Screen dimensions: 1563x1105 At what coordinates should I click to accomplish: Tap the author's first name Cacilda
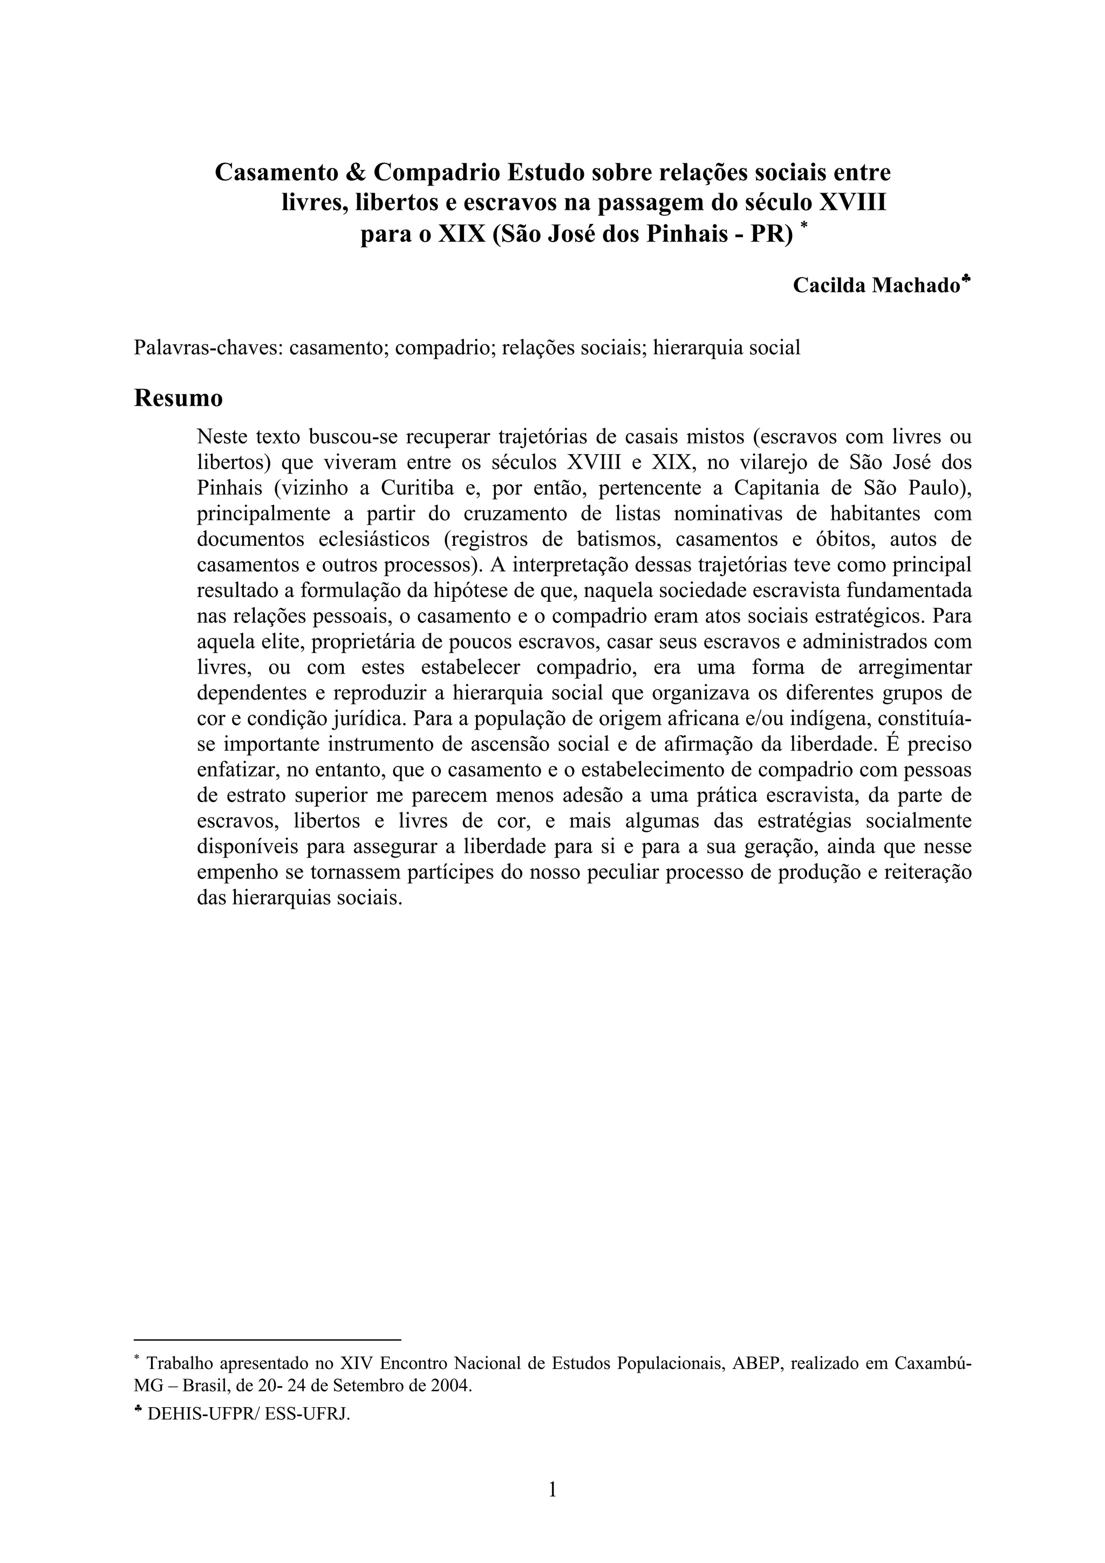pos(829,286)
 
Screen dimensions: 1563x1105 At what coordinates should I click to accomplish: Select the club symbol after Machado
pos(967,279)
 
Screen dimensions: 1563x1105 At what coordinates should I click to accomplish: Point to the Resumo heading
pos(179,398)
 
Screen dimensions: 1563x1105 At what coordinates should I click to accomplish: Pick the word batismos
pos(618,539)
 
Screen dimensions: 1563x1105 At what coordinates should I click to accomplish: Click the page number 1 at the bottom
pos(552,1491)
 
